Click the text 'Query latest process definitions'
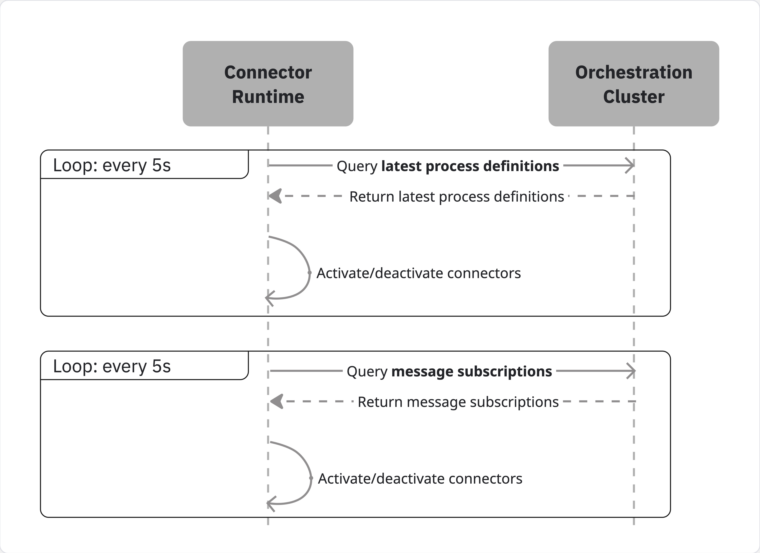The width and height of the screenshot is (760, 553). pyautogui.click(x=448, y=166)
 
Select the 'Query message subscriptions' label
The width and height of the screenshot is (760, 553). pyautogui.click(x=449, y=371)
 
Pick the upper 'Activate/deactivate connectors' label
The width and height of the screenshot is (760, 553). pyautogui.click(x=418, y=273)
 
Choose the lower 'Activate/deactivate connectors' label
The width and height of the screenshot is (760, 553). pyautogui.click(x=420, y=479)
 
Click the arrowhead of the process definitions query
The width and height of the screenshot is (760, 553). pyautogui.click(x=630, y=165)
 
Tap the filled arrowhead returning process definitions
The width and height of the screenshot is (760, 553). pyautogui.click(x=275, y=196)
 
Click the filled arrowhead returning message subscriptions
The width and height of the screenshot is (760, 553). pyautogui.click(x=277, y=401)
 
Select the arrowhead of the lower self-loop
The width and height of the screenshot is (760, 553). pyautogui.click(x=271, y=503)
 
